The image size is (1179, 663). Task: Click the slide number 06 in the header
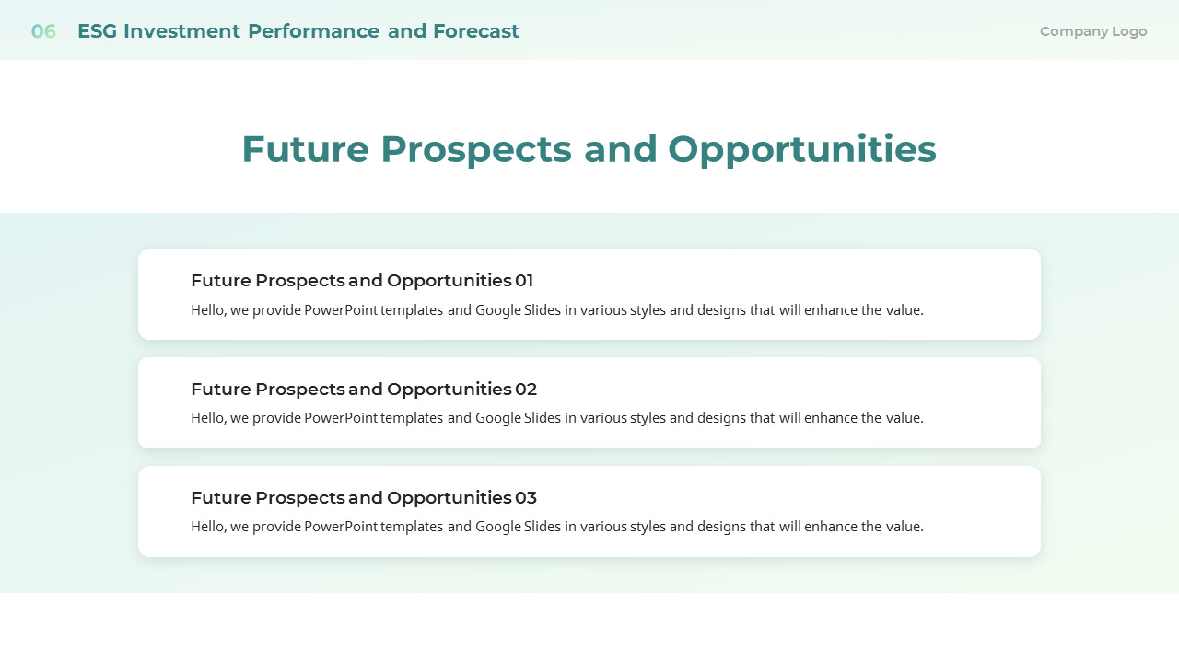point(43,31)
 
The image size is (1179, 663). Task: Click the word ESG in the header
point(97,31)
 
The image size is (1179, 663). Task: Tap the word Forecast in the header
point(476,31)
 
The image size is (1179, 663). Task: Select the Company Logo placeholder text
point(1093,31)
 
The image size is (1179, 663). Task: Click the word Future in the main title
point(305,149)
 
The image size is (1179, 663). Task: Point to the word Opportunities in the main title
point(801,149)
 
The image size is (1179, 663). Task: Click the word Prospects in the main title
point(476,149)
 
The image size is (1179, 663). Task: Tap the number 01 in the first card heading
point(524,281)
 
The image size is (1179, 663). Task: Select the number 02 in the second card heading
point(526,390)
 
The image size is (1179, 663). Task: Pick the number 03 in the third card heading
point(526,498)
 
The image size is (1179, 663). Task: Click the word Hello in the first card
point(207,310)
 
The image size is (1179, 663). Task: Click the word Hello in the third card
point(207,527)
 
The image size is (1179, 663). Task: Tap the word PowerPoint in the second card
point(341,418)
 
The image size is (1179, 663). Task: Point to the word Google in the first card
point(497,310)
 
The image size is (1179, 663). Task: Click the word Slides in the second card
point(543,418)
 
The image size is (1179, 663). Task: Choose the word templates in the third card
point(412,527)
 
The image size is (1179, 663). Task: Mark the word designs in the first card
point(723,310)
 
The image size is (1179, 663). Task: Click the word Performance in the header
point(313,31)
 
